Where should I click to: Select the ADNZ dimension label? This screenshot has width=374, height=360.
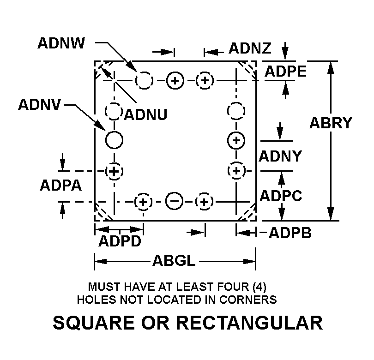tap(250, 48)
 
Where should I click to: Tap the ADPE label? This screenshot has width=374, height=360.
tap(285, 71)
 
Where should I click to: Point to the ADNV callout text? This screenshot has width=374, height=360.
tap(40, 105)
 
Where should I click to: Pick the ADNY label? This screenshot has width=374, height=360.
tap(280, 156)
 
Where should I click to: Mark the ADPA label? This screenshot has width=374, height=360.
tap(61, 185)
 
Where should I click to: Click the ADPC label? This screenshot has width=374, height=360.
tap(281, 196)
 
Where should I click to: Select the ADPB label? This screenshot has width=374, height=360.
tap(290, 233)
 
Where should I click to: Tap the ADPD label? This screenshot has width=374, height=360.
tap(120, 241)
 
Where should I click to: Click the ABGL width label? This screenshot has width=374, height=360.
tap(174, 262)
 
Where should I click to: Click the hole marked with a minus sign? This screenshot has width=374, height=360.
tap(174, 201)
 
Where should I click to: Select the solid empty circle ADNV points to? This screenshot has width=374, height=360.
tap(114, 139)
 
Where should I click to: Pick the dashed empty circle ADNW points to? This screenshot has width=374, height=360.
tap(144, 80)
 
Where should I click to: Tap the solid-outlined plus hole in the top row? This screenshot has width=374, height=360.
tap(175, 81)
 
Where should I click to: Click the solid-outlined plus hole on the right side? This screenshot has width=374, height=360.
tap(236, 139)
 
